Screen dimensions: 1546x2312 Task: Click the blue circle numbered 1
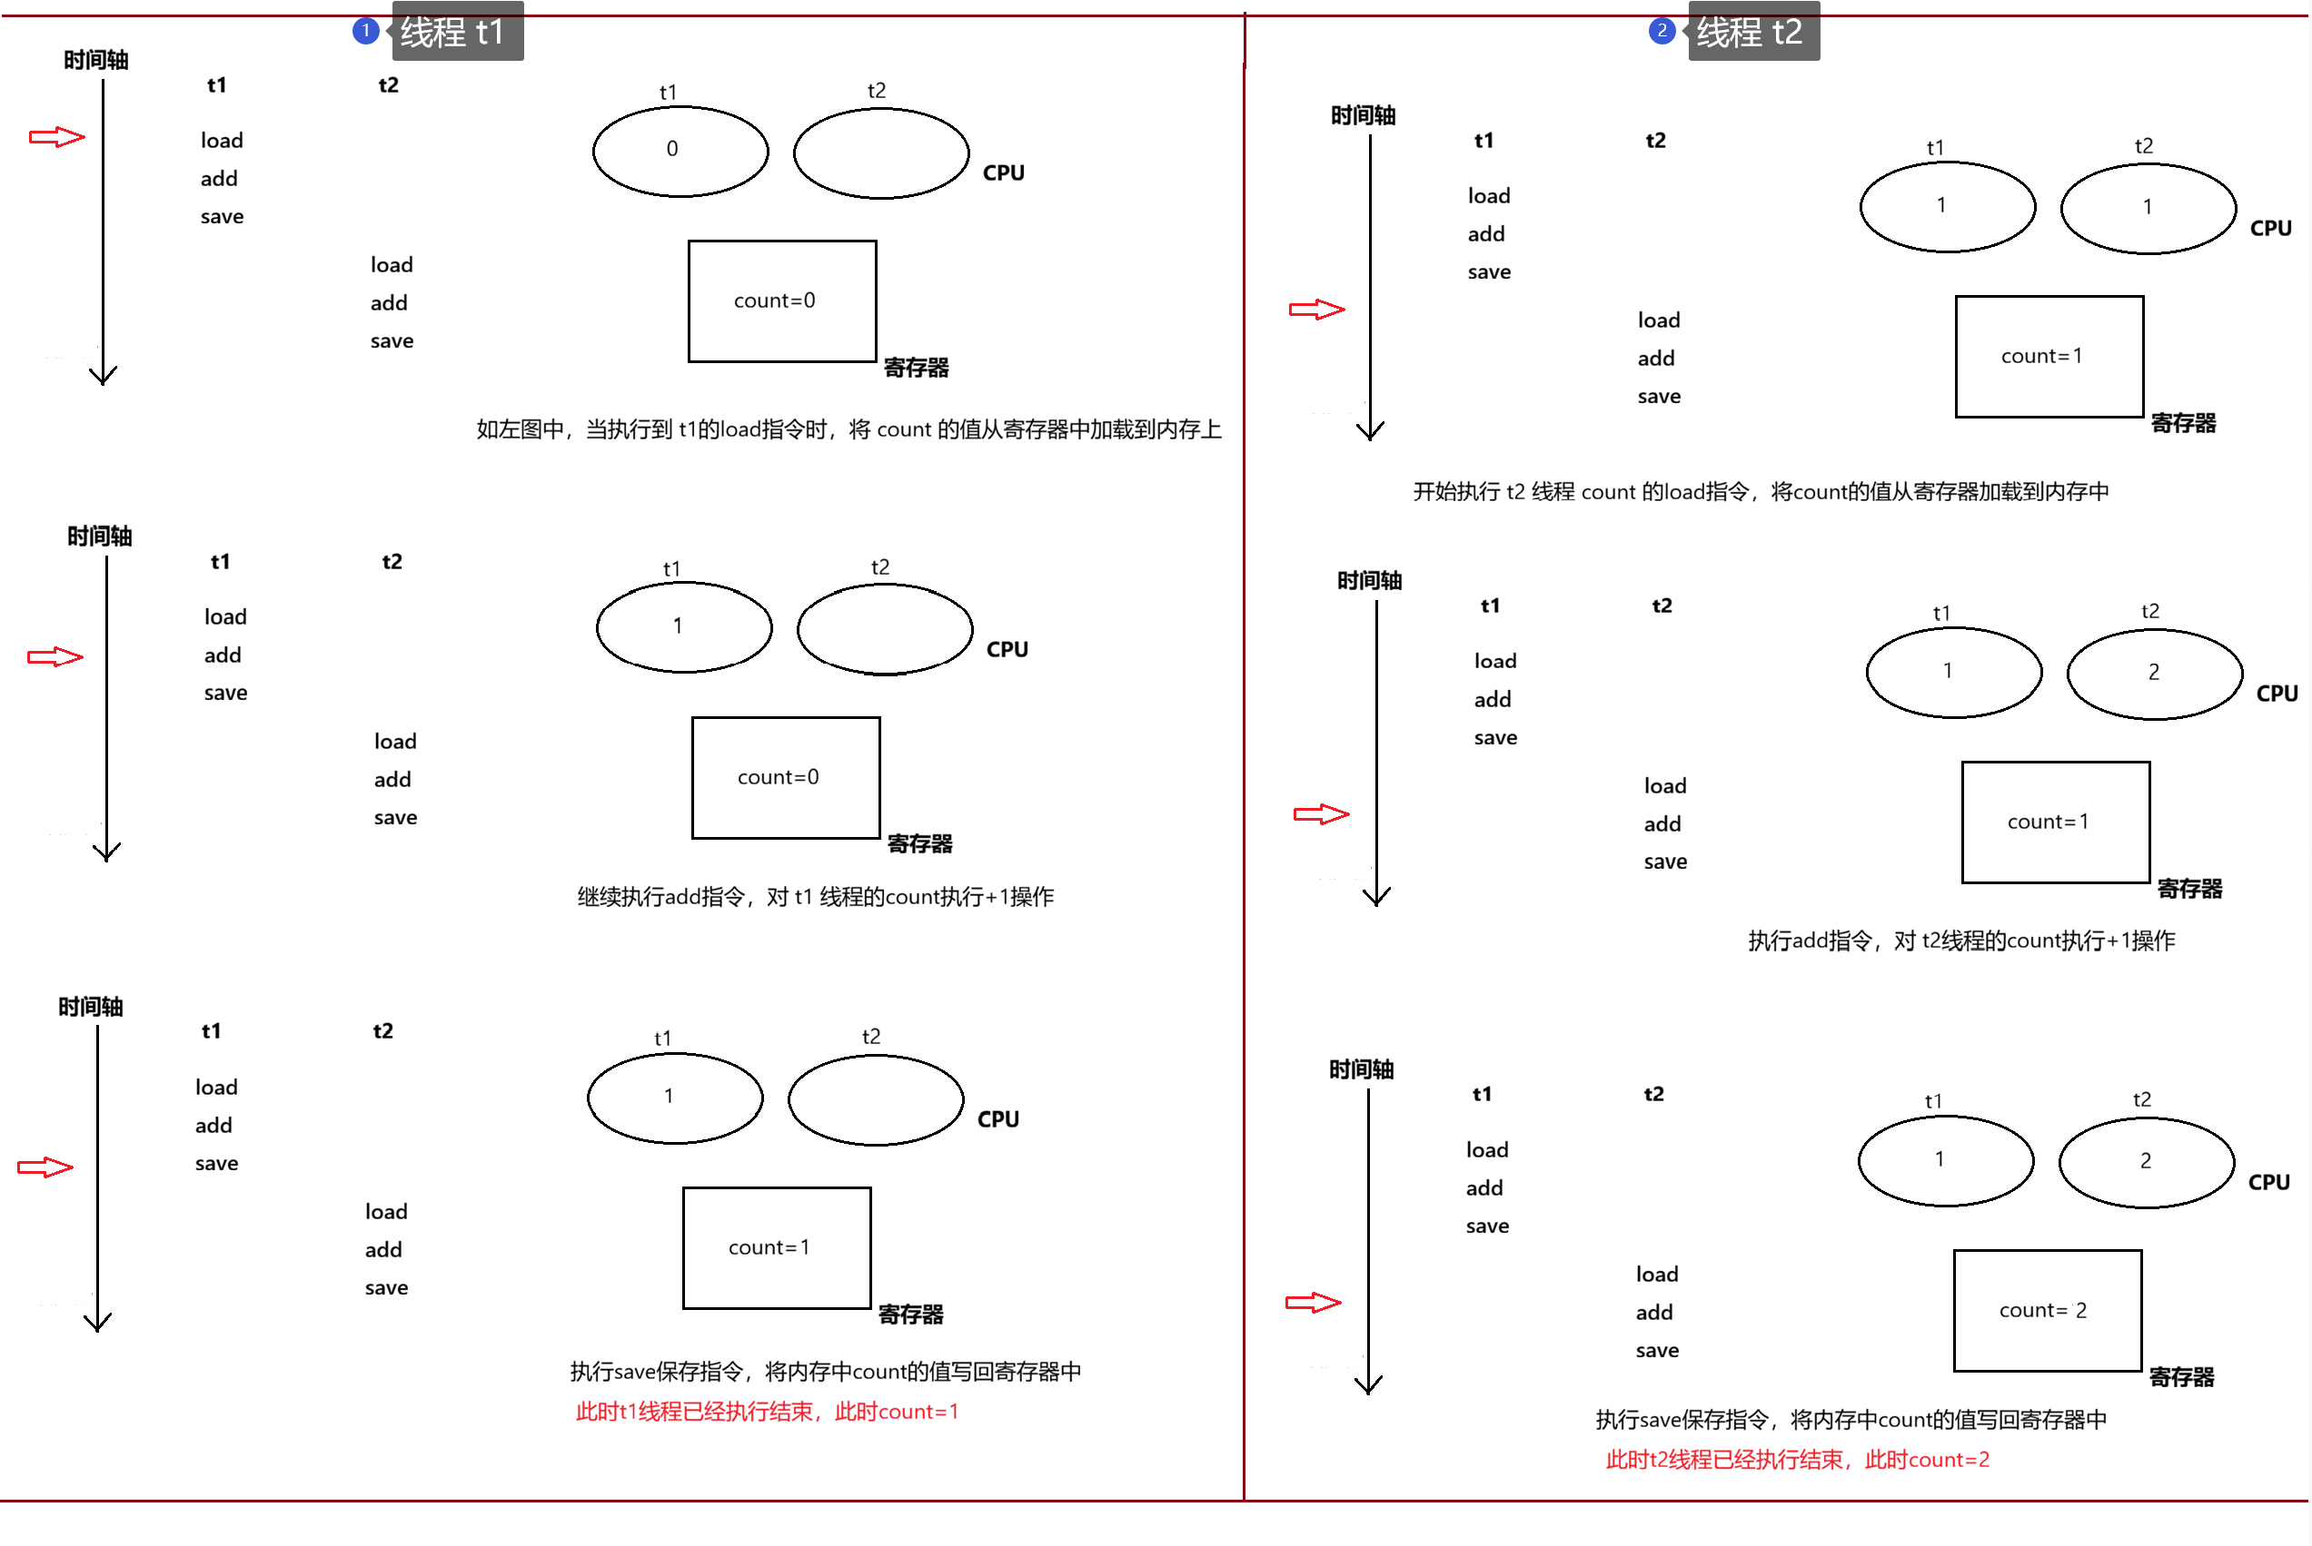pos(366,31)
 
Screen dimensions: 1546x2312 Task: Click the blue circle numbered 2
pos(1662,31)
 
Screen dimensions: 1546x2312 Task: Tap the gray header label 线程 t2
pos(1753,33)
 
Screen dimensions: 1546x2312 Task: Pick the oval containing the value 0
pos(680,151)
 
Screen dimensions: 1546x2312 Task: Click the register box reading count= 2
pos(2048,1310)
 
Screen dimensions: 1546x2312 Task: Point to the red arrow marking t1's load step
pos(57,137)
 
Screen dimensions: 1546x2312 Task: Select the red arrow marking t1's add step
pos(55,656)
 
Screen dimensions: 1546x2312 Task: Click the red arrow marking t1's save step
pos(45,1167)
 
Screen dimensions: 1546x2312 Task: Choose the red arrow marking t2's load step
pos(1316,310)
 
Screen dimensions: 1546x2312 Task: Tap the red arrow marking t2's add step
pos(1322,814)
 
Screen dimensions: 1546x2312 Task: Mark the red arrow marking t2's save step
pos(1313,1303)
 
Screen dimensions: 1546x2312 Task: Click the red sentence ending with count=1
pos(767,1412)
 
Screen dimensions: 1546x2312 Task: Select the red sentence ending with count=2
pos(1797,1459)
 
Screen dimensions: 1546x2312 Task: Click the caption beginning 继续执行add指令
pos(816,896)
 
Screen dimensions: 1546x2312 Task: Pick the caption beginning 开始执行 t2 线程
pos(1761,491)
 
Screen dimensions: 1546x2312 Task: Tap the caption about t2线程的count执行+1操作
pos(1960,940)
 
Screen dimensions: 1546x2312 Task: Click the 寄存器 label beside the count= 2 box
pos(2182,1377)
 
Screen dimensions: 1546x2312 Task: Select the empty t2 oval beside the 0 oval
pos(881,153)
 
